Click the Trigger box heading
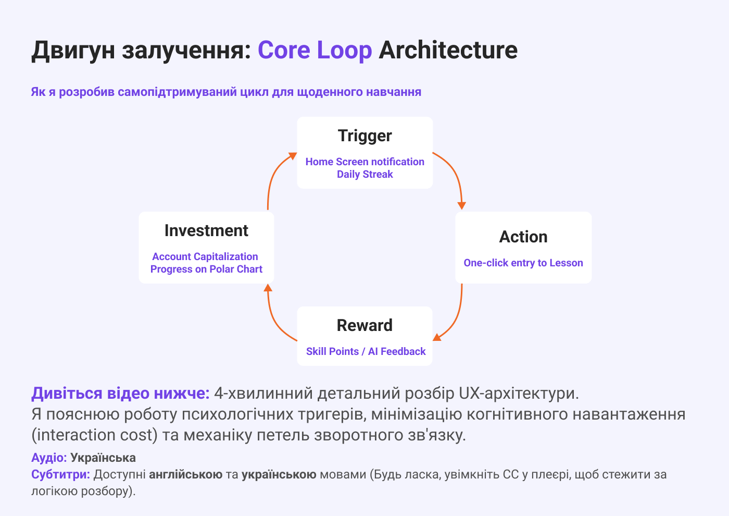364,136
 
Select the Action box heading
523,237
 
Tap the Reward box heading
364,325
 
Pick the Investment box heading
206,230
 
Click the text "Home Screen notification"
364,162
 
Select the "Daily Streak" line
364,174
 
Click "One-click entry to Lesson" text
523,263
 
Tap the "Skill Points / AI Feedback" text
366,351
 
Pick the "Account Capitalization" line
205,256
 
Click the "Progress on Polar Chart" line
206,269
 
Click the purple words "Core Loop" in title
315,50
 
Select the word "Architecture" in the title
448,50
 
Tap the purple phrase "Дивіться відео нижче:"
120,393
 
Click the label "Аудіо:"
49,458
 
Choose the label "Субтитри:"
60,474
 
